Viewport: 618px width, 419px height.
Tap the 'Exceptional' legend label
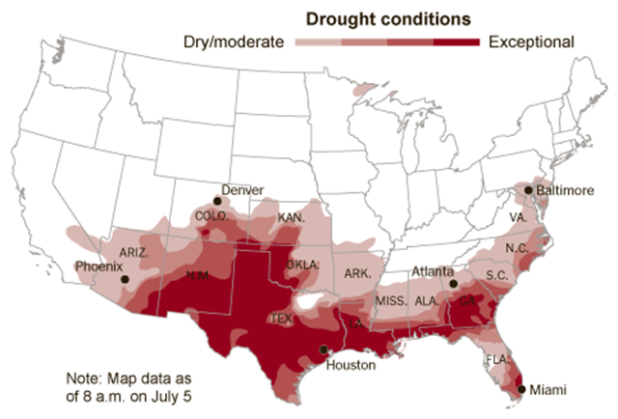coord(531,42)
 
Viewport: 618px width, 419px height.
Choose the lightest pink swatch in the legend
coord(318,42)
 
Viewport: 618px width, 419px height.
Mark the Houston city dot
coord(324,349)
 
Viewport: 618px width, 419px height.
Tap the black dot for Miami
coord(521,389)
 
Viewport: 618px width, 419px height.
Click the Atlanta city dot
coord(453,285)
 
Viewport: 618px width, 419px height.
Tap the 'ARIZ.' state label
coord(133,251)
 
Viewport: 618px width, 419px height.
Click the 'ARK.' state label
coord(357,273)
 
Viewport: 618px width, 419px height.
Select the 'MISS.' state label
coord(390,301)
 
